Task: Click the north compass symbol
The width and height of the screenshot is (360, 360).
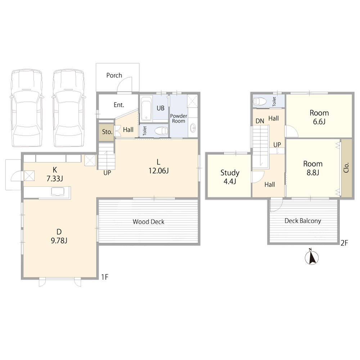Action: coord(311,257)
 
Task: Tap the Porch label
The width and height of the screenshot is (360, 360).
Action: coord(114,75)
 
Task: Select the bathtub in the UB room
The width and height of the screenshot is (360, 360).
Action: coord(146,108)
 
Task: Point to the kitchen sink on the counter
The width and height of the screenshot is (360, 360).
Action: coord(58,192)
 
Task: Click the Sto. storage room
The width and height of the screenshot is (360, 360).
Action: coord(107,132)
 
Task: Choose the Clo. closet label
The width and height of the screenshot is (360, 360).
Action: coord(347,168)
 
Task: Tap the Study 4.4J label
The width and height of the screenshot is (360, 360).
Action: coord(230,177)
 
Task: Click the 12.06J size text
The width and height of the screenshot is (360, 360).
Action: coord(159,171)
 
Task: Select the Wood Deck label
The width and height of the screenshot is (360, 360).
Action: coord(149,222)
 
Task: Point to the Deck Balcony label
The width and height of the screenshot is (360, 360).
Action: coord(303,221)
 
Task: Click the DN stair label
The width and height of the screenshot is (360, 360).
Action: coord(260,121)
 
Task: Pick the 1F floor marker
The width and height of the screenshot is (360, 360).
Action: coord(105,277)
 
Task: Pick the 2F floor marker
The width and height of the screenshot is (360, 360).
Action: coord(345,243)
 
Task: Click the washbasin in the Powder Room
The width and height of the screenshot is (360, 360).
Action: coord(193,128)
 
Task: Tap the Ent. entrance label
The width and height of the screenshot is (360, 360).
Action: coord(119,105)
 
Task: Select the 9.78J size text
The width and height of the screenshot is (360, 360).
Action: coord(59,240)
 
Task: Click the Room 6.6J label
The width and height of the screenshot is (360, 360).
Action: coord(319,117)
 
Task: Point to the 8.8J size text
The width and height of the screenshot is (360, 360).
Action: coord(313,173)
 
